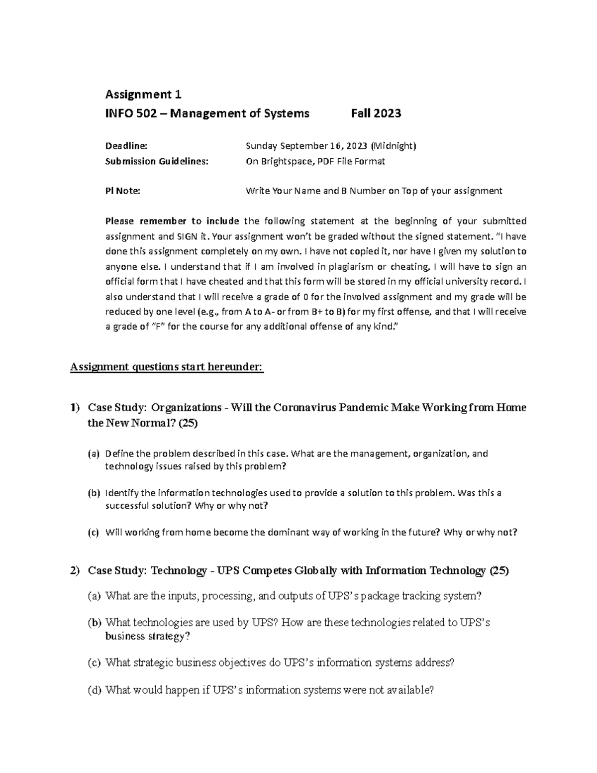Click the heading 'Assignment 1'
pos(143,95)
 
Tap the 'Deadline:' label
pos(126,146)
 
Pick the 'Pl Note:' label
pos(123,191)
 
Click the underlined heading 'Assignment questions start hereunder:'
pos(167,367)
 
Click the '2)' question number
pos(75,570)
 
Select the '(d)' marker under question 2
pos(94,690)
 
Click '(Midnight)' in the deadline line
pos(394,146)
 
